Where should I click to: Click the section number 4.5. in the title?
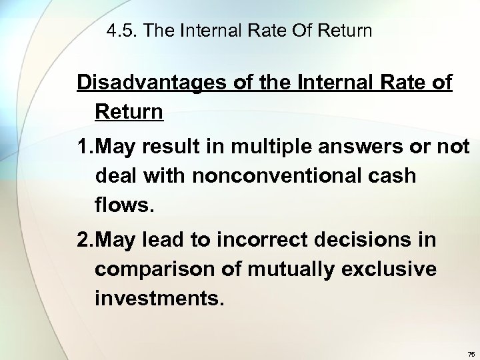122,31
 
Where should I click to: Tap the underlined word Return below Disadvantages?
129,111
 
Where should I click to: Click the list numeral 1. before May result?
85,147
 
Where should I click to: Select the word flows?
125,205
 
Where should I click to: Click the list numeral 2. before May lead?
85,240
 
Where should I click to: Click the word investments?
160,297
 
